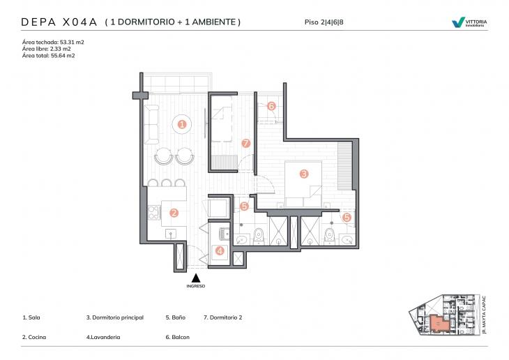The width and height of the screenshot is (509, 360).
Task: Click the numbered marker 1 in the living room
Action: (x=182, y=124)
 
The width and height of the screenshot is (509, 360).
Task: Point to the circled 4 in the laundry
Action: (x=220, y=250)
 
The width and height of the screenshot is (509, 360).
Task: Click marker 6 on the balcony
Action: (x=271, y=107)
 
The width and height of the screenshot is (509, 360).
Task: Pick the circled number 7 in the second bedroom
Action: (x=245, y=143)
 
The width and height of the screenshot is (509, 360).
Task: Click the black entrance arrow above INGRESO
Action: (x=196, y=277)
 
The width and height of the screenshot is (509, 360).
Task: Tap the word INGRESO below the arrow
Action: (x=196, y=286)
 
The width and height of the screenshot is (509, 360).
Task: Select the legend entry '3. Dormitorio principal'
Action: (x=114, y=317)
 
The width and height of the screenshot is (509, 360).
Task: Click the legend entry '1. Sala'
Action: (x=31, y=317)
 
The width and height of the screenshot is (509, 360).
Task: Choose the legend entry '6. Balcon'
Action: (x=177, y=337)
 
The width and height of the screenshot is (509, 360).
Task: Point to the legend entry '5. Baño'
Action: (x=175, y=317)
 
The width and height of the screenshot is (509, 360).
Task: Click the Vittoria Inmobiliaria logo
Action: (x=469, y=22)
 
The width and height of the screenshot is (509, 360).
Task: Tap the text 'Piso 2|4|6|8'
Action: (x=324, y=22)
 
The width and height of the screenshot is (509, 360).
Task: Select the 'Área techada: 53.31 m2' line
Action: (x=53, y=42)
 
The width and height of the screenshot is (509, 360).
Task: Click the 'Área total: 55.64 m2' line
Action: (x=48, y=56)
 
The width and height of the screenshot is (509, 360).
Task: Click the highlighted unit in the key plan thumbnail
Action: (x=437, y=323)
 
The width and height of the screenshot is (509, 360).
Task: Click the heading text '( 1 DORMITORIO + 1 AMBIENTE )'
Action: (x=172, y=22)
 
